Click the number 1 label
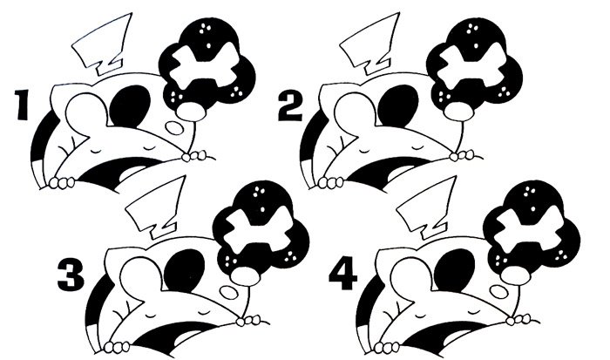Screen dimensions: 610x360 22,105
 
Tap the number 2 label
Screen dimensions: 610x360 290,106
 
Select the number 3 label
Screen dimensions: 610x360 71,275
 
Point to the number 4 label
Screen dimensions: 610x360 342,275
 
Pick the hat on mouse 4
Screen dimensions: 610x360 428,210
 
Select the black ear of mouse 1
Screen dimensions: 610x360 131,105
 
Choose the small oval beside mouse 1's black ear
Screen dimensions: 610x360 173,127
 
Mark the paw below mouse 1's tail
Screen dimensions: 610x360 62,182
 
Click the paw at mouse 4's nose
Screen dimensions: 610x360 518,319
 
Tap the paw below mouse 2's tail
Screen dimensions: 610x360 330,182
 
